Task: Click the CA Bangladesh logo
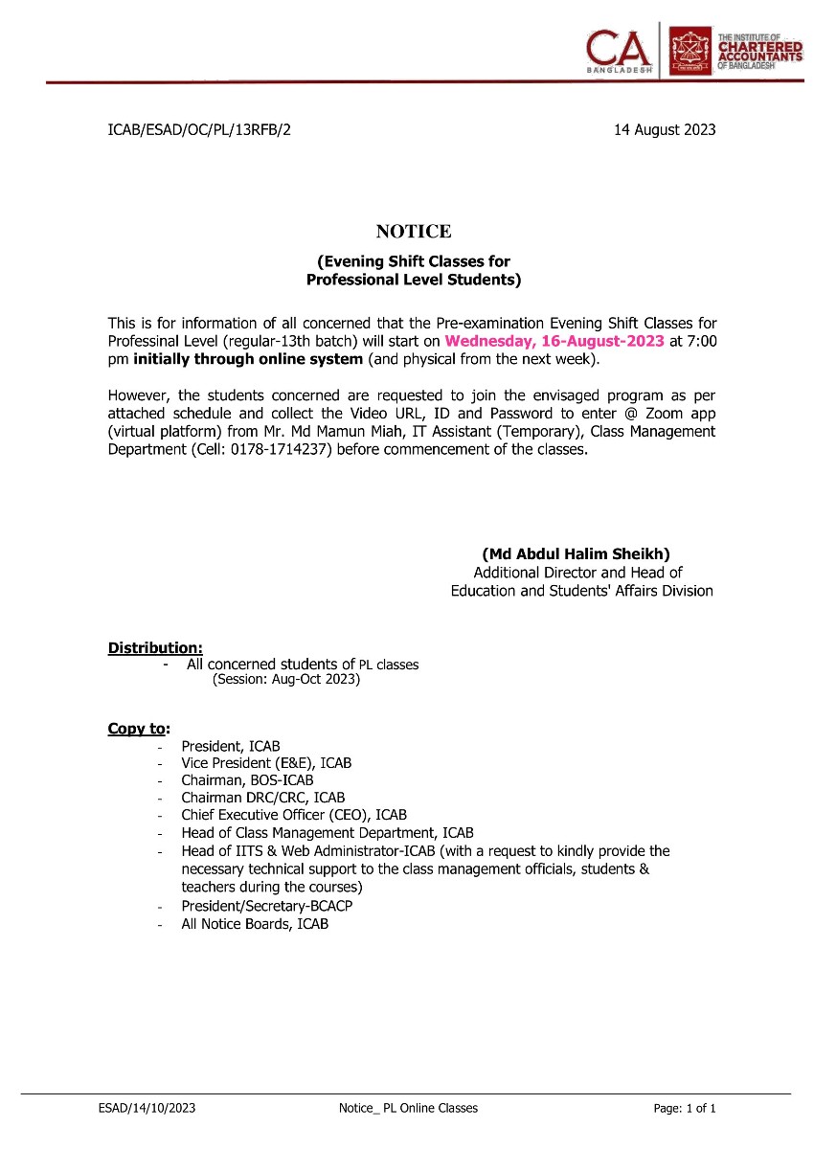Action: [x=621, y=49]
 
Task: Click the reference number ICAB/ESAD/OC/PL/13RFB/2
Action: [x=199, y=130]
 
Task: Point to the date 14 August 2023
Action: [x=664, y=130]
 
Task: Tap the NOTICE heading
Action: [x=413, y=232]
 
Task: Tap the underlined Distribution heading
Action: [x=155, y=648]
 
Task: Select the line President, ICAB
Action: [x=231, y=746]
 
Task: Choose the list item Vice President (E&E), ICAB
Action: [x=266, y=763]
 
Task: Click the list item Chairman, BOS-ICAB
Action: [x=247, y=780]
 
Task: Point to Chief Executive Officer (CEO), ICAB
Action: [x=294, y=815]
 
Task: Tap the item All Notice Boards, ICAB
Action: [x=255, y=924]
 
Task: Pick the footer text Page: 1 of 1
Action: [x=685, y=1108]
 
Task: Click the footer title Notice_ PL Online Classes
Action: [x=408, y=1108]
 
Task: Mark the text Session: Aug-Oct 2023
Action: [x=285, y=680]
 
